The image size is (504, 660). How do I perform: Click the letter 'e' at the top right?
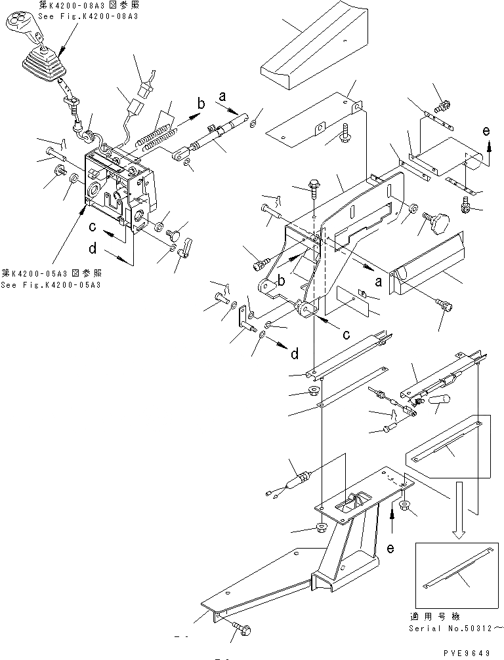(486, 131)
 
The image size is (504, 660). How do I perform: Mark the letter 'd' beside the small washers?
(294, 354)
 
